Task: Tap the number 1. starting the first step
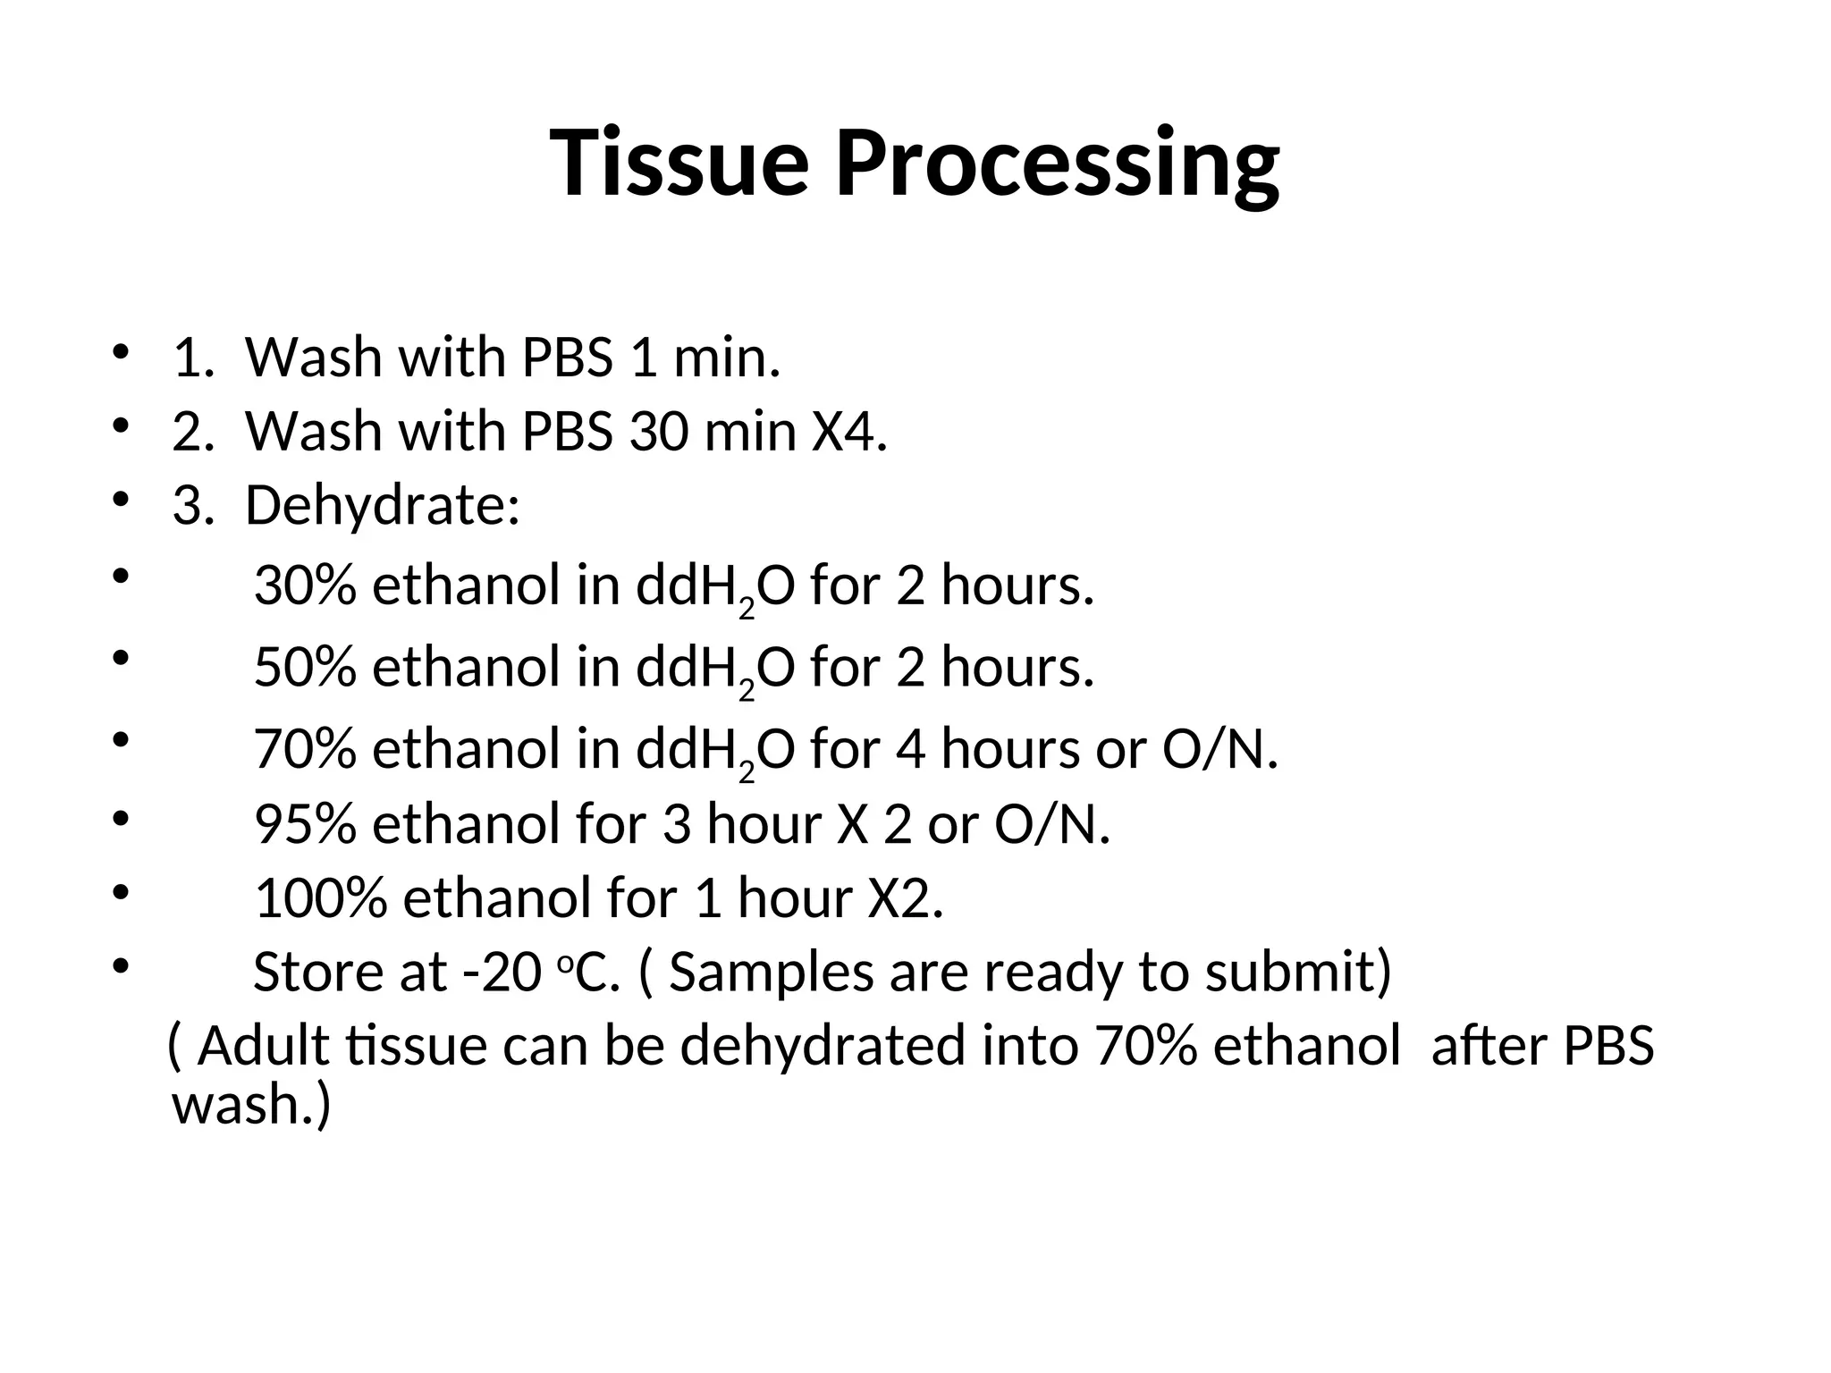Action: click(193, 358)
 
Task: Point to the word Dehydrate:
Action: click(383, 506)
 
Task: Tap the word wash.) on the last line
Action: click(251, 1105)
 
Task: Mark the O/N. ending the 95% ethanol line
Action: click(1051, 823)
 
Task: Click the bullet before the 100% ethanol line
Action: click(122, 892)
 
